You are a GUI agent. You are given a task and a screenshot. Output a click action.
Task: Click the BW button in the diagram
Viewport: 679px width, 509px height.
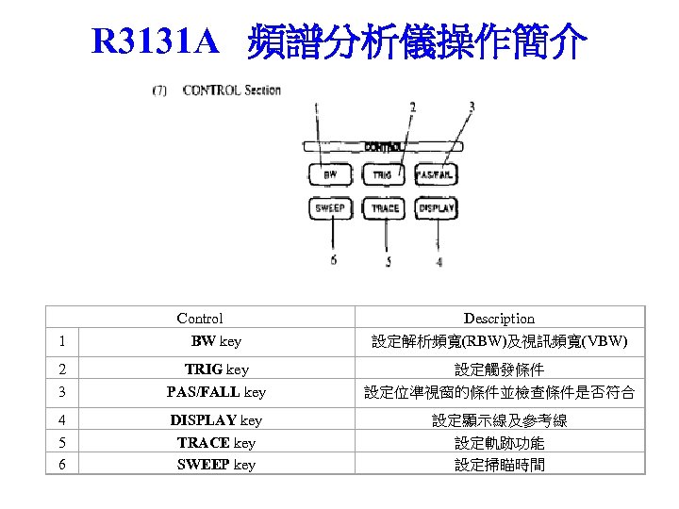point(330,175)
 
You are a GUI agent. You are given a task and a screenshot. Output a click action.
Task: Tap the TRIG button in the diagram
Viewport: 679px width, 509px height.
point(383,175)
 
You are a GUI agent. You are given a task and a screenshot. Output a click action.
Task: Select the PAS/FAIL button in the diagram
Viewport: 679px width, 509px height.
point(436,175)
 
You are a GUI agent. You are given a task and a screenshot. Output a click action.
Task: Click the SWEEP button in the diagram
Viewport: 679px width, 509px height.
point(330,207)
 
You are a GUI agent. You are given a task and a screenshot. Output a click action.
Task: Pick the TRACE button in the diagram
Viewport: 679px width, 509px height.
point(384,207)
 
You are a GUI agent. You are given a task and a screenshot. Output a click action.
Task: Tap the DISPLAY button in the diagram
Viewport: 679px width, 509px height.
point(436,207)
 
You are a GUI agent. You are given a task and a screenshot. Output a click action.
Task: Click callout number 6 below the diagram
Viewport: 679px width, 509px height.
point(333,260)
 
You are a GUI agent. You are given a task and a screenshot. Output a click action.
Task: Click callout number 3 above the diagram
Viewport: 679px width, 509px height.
point(472,107)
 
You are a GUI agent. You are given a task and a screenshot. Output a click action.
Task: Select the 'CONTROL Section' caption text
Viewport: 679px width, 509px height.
point(231,90)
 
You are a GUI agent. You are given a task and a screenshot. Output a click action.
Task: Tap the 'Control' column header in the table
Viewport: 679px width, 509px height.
point(200,319)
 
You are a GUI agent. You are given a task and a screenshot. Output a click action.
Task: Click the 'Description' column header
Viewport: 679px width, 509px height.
point(499,319)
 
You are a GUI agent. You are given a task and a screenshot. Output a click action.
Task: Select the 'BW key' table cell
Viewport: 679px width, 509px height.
point(216,341)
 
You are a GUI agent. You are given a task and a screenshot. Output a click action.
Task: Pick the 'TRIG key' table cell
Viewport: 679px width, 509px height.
point(216,369)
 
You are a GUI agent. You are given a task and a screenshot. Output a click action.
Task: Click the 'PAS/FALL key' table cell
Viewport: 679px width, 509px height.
point(216,391)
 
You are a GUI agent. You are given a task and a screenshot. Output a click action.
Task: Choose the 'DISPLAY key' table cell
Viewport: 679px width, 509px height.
point(216,419)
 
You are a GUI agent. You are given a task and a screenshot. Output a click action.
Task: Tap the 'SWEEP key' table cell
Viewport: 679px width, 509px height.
point(216,465)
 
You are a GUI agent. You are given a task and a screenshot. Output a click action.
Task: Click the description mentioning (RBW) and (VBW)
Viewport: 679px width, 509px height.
point(499,341)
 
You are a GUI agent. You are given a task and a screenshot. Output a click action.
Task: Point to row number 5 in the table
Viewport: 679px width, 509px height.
point(60,442)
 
